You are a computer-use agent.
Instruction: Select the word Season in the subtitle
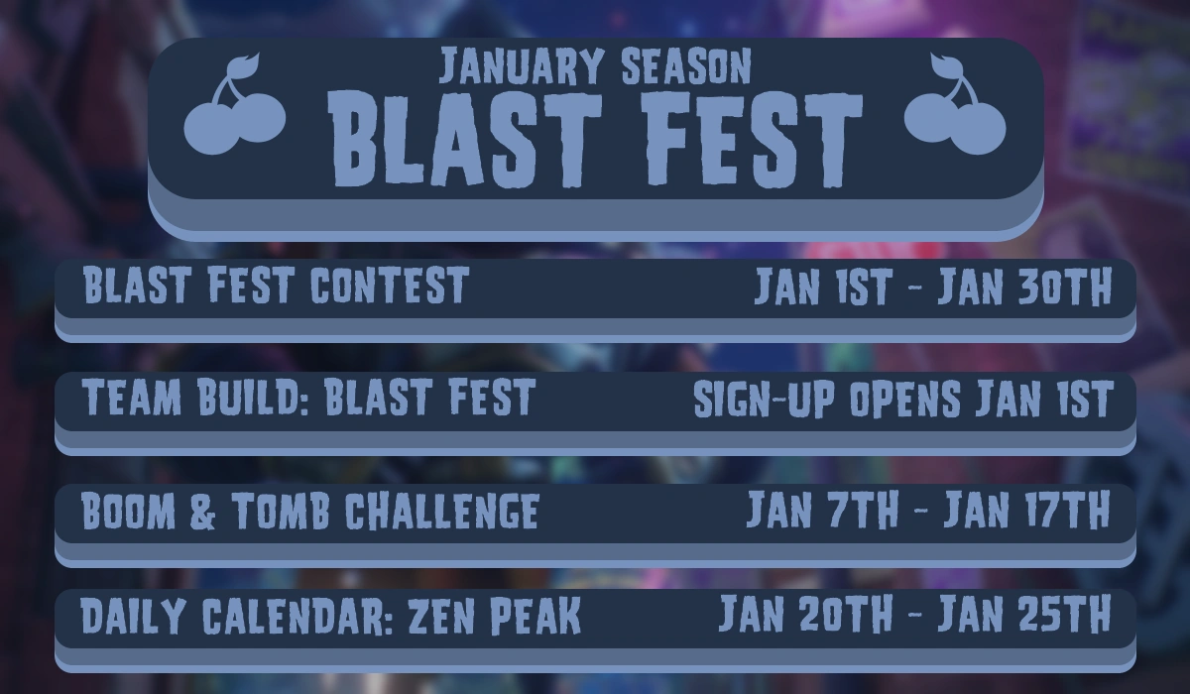(x=685, y=66)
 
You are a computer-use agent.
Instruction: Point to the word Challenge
(x=441, y=512)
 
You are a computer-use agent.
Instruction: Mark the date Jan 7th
(x=822, y=512)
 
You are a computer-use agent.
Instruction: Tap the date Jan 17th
(x=1025, y=512)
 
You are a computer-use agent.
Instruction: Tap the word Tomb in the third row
(x=282, y=512)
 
